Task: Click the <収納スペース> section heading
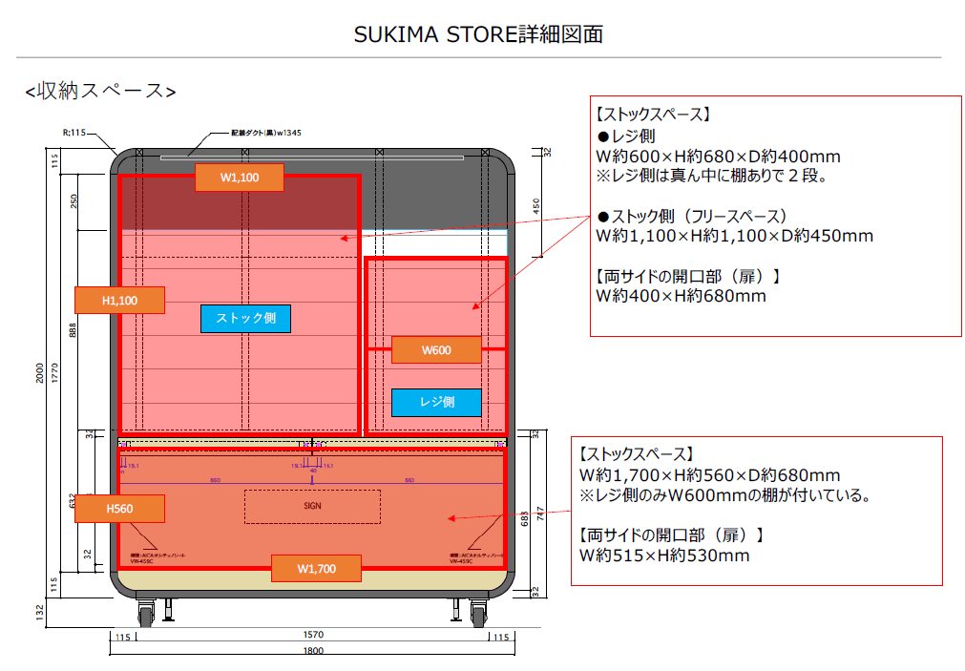(x=100, y=92)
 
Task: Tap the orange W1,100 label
(x=240, y=178)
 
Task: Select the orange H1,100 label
(x=119, y=300)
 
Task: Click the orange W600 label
(x=435, y=350)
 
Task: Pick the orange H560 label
(x=119, y=509)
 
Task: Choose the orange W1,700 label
(x=316, y=569)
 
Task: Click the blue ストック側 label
(x=245, y=319)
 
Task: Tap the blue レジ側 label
(x=436, y=402)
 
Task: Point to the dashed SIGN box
(x=312, y=506)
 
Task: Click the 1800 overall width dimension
(x=313, y=651)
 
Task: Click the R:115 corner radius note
(x=73, y=134)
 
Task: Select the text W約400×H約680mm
(x=681, y=296)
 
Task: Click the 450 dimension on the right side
(x=536, y=206)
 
